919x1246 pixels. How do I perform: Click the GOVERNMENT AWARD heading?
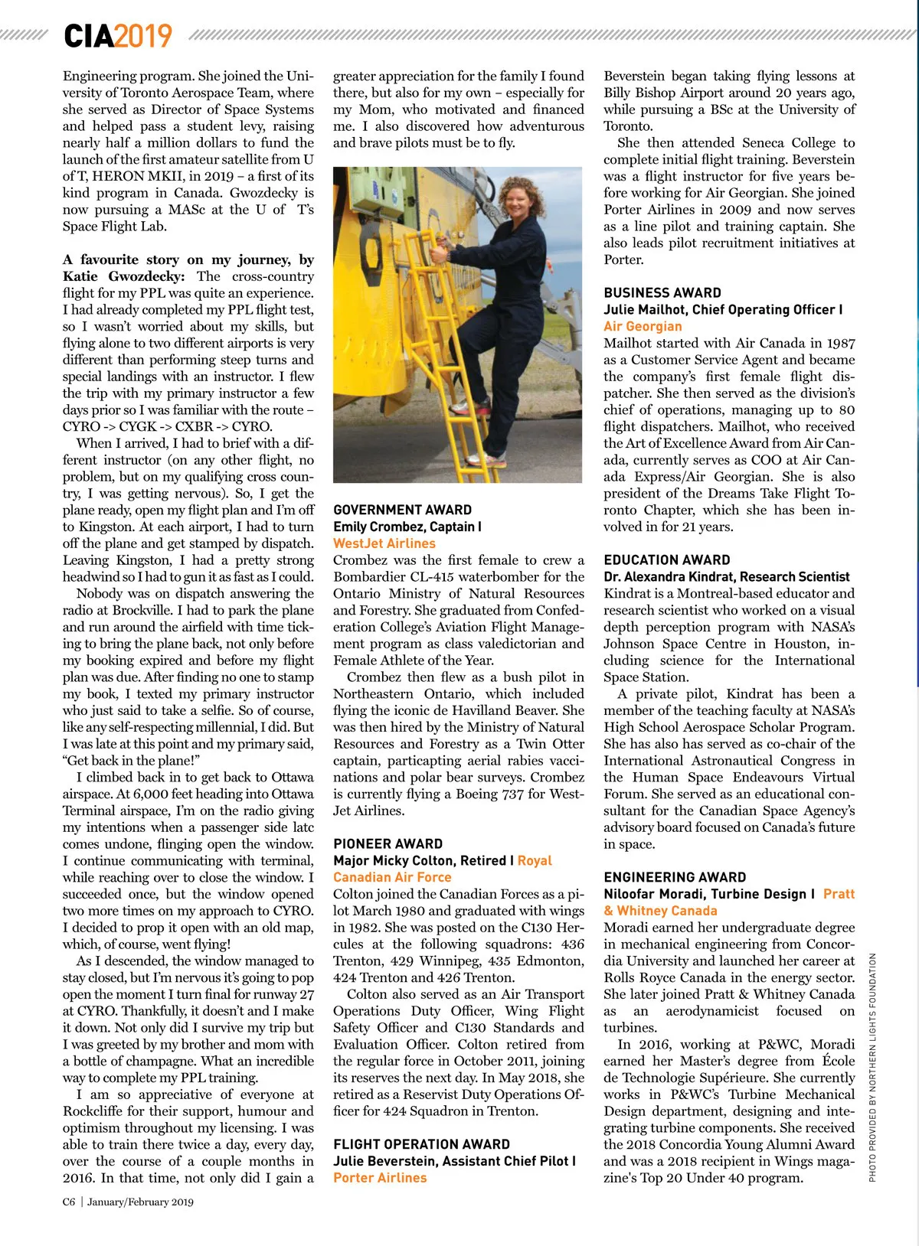pos(402,510)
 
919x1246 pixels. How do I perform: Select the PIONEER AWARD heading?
pos(388,843)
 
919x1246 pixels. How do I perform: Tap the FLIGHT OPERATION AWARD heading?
pos(421,1144)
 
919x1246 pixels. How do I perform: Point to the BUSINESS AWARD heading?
pos(662,292)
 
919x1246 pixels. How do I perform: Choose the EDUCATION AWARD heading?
pos(666,559)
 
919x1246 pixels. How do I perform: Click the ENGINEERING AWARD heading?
pos(674,877)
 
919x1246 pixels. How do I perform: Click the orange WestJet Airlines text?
pos(384,543)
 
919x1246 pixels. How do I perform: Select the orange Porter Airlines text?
pos(379,1178)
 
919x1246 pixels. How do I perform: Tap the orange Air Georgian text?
pos(642,326)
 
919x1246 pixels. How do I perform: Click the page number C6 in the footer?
pos(69,1202)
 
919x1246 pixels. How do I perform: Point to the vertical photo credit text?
pos(872,1067)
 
